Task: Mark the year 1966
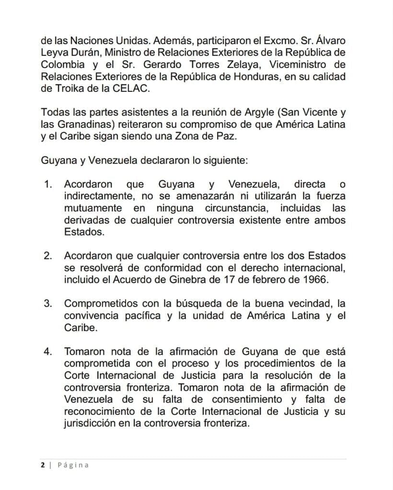(316, 279)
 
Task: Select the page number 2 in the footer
(43, 465)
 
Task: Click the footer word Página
(73, 465)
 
